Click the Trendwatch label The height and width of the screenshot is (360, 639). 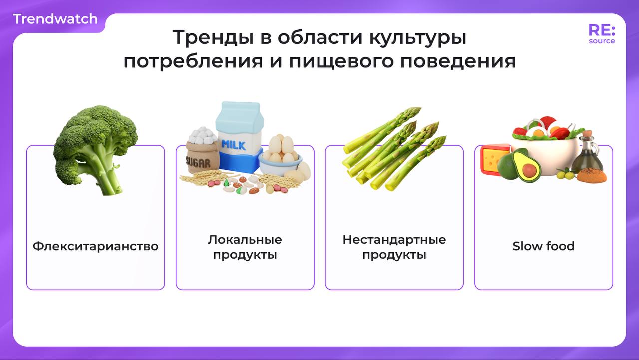[x=55, y=19]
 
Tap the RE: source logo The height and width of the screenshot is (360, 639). [x=602, y=34]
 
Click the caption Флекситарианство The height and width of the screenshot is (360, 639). [x=95, y=246]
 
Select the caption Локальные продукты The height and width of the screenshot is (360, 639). [x=245, y=247]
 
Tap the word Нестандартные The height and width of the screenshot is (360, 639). [x=394, y=240]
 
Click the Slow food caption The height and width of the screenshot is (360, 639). [x=543, y=246]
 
